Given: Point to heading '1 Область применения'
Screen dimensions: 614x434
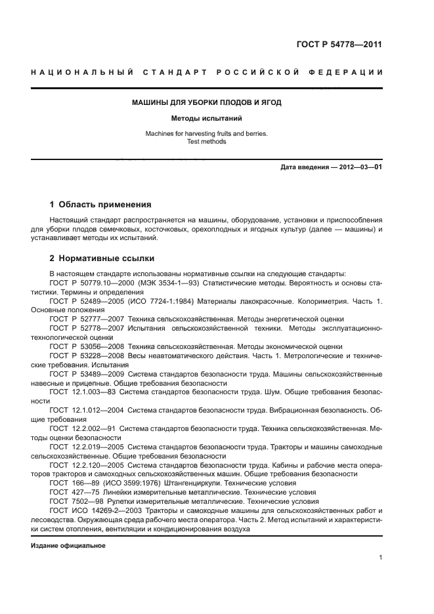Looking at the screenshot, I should pyautogui.click(x=100, y=205).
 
